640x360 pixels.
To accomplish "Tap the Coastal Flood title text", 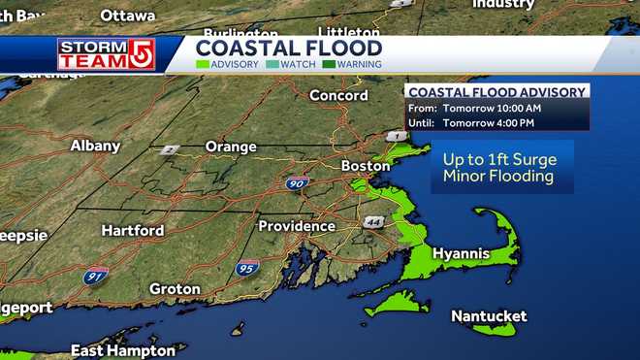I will coord(289,48).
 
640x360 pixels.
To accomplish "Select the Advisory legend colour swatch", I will coord(202,65).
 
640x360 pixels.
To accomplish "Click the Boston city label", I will coord(366,166).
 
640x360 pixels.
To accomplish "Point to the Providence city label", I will coord(296,226).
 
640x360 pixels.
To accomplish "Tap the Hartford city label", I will coord(133,231).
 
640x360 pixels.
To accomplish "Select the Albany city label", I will coord(95,146).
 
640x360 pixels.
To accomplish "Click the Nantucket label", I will coord(489,316).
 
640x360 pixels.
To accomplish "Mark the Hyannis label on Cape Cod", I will coord(461,253).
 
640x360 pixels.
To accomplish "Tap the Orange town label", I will coord(231,147).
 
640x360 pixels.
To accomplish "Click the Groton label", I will coord(175,289).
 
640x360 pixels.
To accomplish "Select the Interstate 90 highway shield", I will coord(298,182).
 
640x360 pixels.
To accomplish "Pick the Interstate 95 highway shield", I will coord(246,267).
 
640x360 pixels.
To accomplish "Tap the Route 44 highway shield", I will coord(373,223).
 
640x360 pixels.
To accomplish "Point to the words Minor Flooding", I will coord(497,177).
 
